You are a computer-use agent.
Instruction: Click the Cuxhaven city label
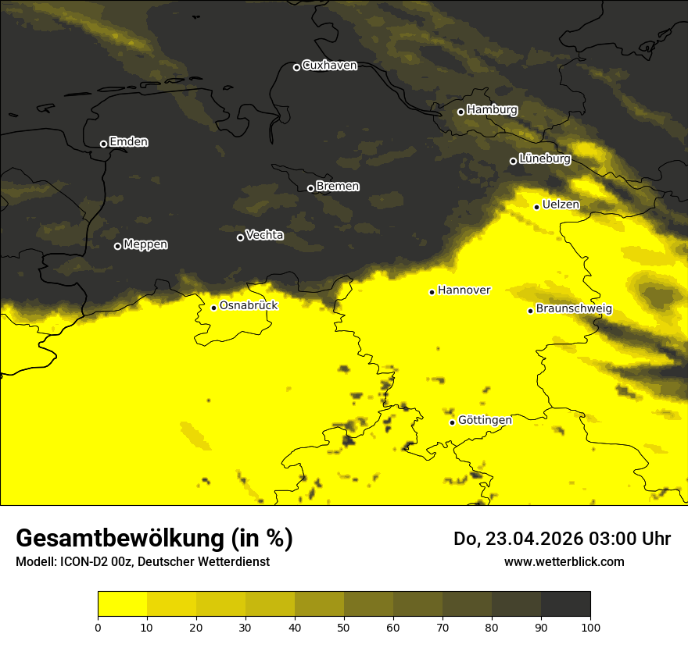(329, 66)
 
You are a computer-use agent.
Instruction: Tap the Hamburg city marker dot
(460, 112)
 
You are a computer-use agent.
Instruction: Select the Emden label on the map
(128, 142)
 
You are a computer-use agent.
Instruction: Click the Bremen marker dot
(310, 188)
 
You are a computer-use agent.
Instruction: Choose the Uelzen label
(561, 205)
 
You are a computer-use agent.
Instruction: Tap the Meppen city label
(145, 245)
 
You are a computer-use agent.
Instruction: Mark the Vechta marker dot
(240, 237)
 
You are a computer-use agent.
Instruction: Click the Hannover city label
(464, 290)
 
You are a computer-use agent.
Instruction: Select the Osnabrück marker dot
(213, 308)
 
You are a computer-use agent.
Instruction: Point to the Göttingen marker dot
(452, 422)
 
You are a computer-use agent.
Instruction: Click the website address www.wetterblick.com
(564, 561)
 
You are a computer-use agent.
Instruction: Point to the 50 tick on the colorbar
(344, 627)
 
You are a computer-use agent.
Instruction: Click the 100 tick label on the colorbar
(590, 627)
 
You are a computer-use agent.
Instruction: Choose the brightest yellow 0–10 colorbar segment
(122, 604)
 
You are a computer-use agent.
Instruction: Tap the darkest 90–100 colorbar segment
(565, 604)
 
